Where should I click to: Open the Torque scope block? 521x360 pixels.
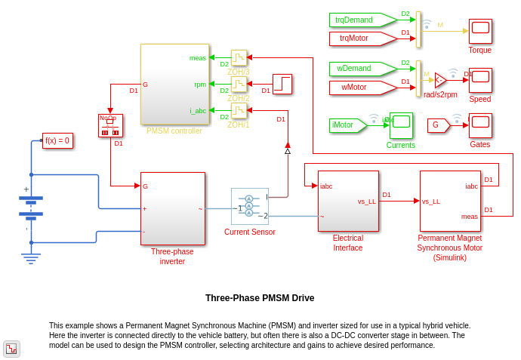click(480, 31)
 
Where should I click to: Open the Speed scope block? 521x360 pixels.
click(480, 80)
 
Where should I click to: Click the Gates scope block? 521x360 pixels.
click(480, 125)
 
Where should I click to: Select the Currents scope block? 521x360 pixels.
click(401, 125)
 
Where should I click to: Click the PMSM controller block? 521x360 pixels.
click(174, 84)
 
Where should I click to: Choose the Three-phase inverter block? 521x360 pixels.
click(172, 208)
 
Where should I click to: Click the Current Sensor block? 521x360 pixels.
click(250, 206)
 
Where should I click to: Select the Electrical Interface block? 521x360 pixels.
click(348, 201)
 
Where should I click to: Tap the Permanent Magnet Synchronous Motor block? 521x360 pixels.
click(450, 201)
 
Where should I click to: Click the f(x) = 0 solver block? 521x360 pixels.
click(57, 140)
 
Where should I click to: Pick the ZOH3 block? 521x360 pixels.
click(239, 58)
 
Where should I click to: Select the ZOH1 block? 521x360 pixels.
click(239, 111)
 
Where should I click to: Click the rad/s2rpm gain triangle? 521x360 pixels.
click(440, 80)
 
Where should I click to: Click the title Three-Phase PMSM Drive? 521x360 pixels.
click(260, 298)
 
